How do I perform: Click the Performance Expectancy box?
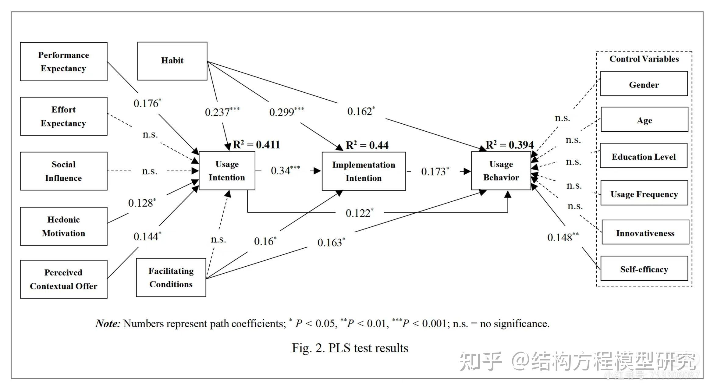(63, 62)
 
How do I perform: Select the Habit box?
(172, 61)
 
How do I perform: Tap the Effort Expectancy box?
(63, 116)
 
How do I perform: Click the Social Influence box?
(63, 171)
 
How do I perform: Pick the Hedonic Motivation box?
(63, 226)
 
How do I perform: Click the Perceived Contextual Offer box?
(63, 279)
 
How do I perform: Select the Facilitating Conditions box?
(171, 278)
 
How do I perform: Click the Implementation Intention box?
(364, 171)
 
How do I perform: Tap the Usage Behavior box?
(501, 171)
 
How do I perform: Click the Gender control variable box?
(644, 84)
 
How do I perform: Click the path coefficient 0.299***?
(286, 112)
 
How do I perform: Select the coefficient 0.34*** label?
(285, 170)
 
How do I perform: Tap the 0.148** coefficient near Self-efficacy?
(563, 237)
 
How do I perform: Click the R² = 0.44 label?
(367, 145)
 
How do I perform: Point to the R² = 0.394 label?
(509, 145)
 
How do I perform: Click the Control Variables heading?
(644, 59)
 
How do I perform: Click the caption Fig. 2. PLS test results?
(350, 348)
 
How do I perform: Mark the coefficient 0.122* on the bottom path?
(359, 213)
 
